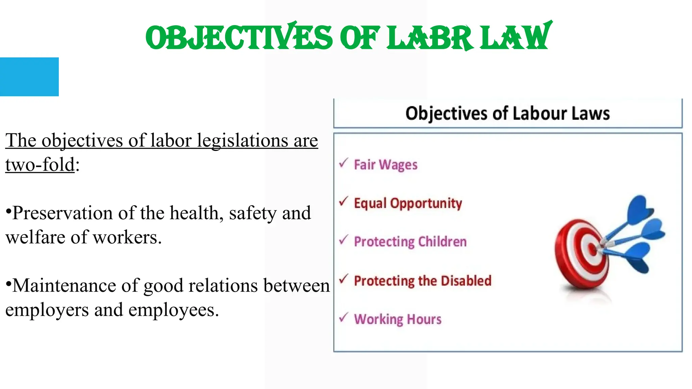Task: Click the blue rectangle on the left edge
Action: click(29, 77)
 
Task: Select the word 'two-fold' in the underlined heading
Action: click(40, 165)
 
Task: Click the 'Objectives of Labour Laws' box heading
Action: click(508, 113)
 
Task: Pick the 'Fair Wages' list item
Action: click(386, 165)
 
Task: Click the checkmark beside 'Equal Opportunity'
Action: click(343, 201)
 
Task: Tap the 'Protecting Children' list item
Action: click(410, 242)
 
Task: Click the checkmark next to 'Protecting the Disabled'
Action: click(343, 279)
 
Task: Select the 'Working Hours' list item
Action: click(398, 319)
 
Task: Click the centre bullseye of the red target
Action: click(592, 250)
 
